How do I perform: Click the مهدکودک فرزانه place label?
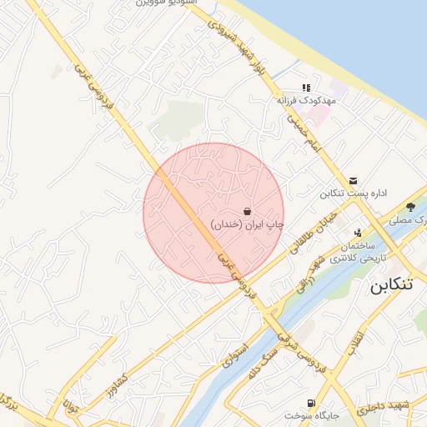point(305,100)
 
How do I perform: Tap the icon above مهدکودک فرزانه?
point(306,87)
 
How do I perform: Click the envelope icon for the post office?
point(354,180)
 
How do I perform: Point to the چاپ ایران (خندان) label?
point(247,224)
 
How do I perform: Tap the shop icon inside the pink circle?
point(247,211)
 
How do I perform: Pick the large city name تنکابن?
point(390,284)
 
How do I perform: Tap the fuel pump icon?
point(313,401)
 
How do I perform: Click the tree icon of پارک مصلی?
point(410,207)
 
